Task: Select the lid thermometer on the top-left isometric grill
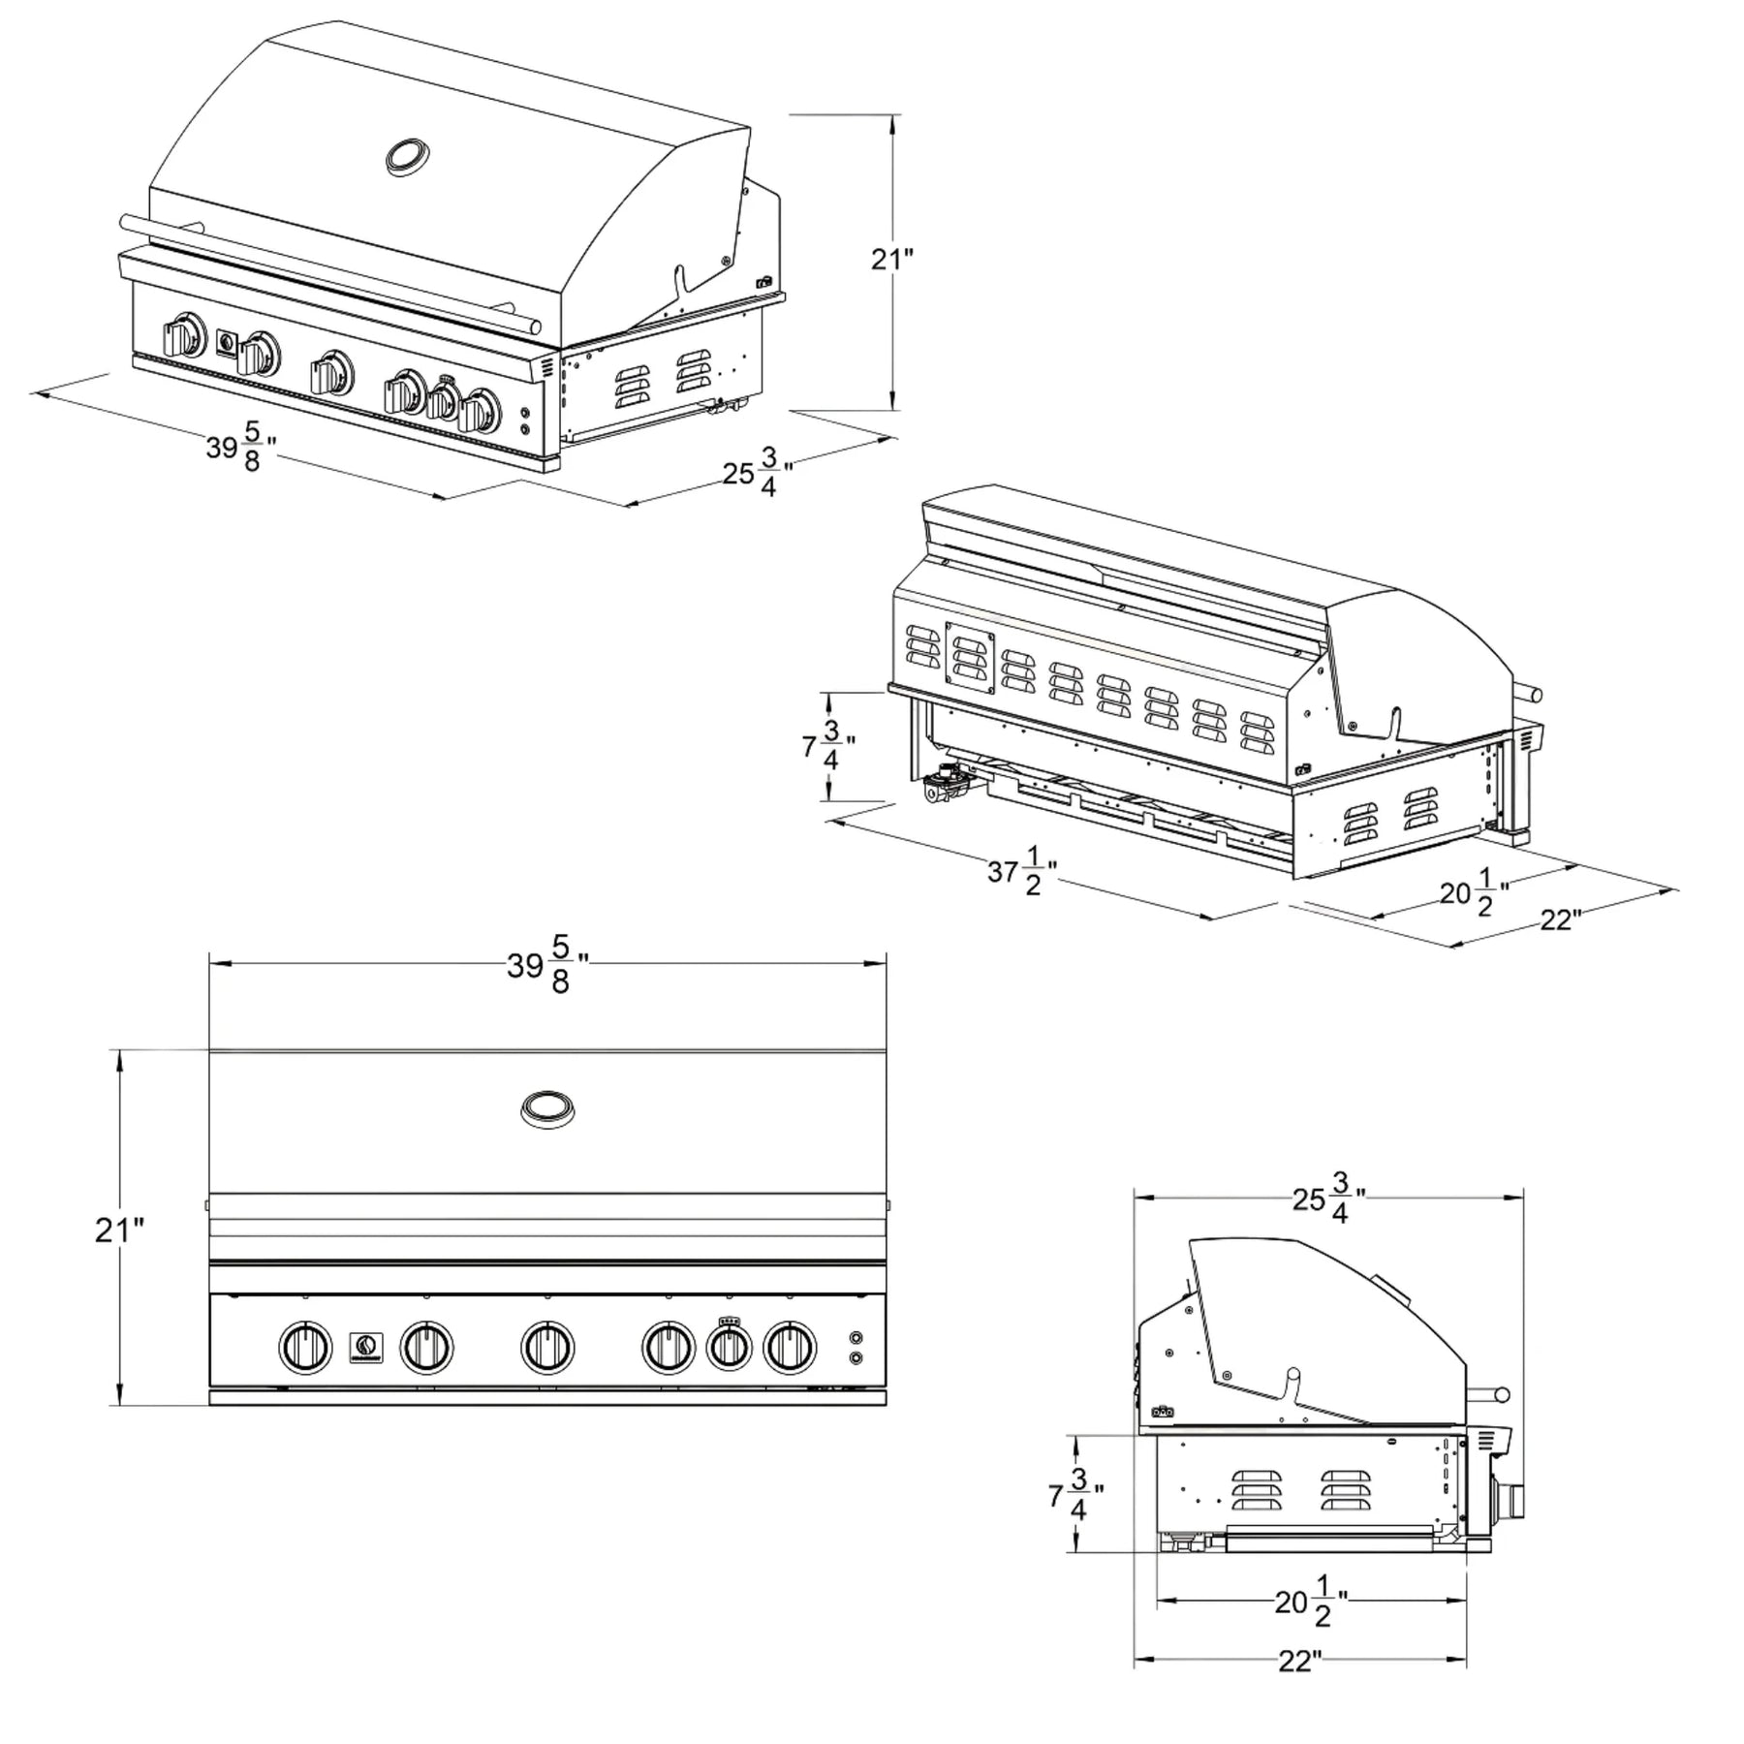point(409,157)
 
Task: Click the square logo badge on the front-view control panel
point(366,1348)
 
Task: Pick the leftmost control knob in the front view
point(305,1347)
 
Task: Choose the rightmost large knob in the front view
point(790,1347)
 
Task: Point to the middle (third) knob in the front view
point(547,1347)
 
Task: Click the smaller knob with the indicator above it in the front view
point(730,1347)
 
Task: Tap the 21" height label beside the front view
point(119,1230)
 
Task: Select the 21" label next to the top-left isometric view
point(891,259)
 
